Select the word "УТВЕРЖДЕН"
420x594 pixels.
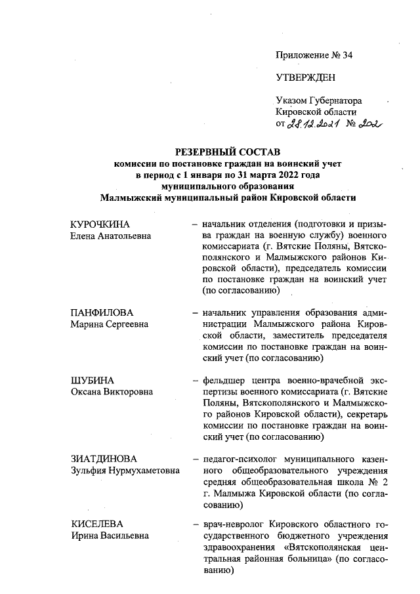305,77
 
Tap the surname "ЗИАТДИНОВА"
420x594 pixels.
104,457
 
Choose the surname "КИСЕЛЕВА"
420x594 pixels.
97,524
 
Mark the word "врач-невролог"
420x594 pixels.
233,524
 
